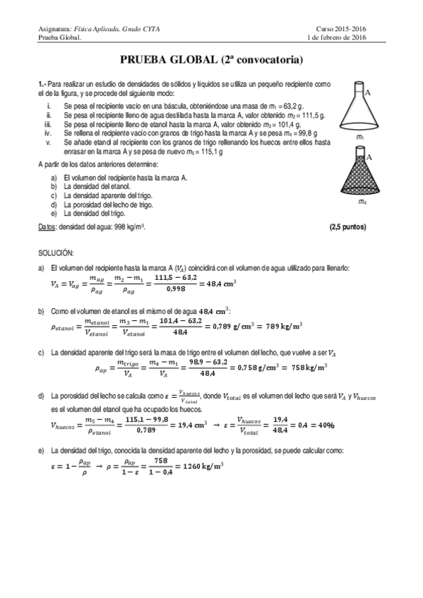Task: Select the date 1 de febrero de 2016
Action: [347, 38]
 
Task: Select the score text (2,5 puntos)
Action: [347, 226]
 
